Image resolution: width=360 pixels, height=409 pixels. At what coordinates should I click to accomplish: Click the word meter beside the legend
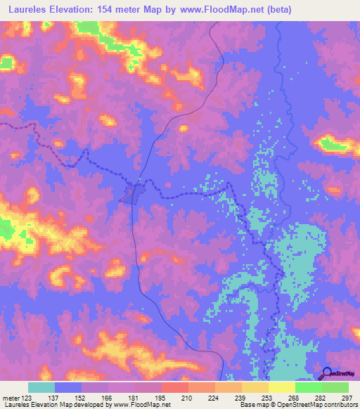12,398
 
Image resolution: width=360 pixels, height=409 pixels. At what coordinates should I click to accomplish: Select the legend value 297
345,398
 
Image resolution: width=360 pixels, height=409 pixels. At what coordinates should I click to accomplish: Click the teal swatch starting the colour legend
41,387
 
